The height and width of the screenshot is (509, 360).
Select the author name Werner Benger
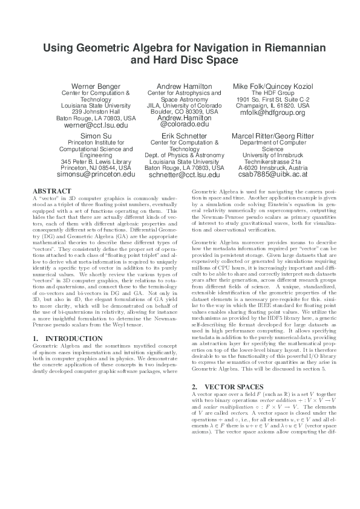(x=96, y=86)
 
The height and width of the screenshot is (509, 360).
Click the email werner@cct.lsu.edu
(x=96, y=125)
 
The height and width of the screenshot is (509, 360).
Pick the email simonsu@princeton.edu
(x=96, y=174)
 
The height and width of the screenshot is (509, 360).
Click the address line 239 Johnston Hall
(x=96, y=112)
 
